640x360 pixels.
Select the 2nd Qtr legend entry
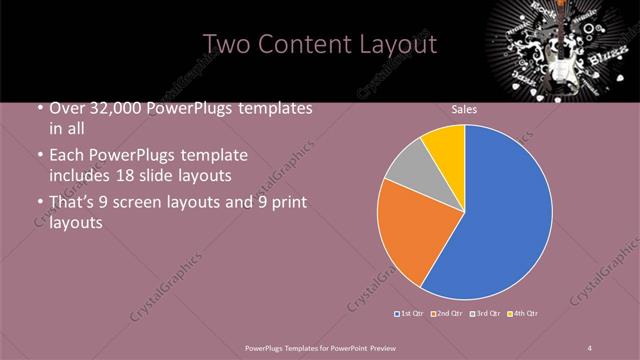coord(448,314)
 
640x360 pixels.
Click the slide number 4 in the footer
coord(590,347)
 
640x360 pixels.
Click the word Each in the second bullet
coord(67,156)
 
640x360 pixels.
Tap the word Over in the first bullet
coord(68,108)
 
